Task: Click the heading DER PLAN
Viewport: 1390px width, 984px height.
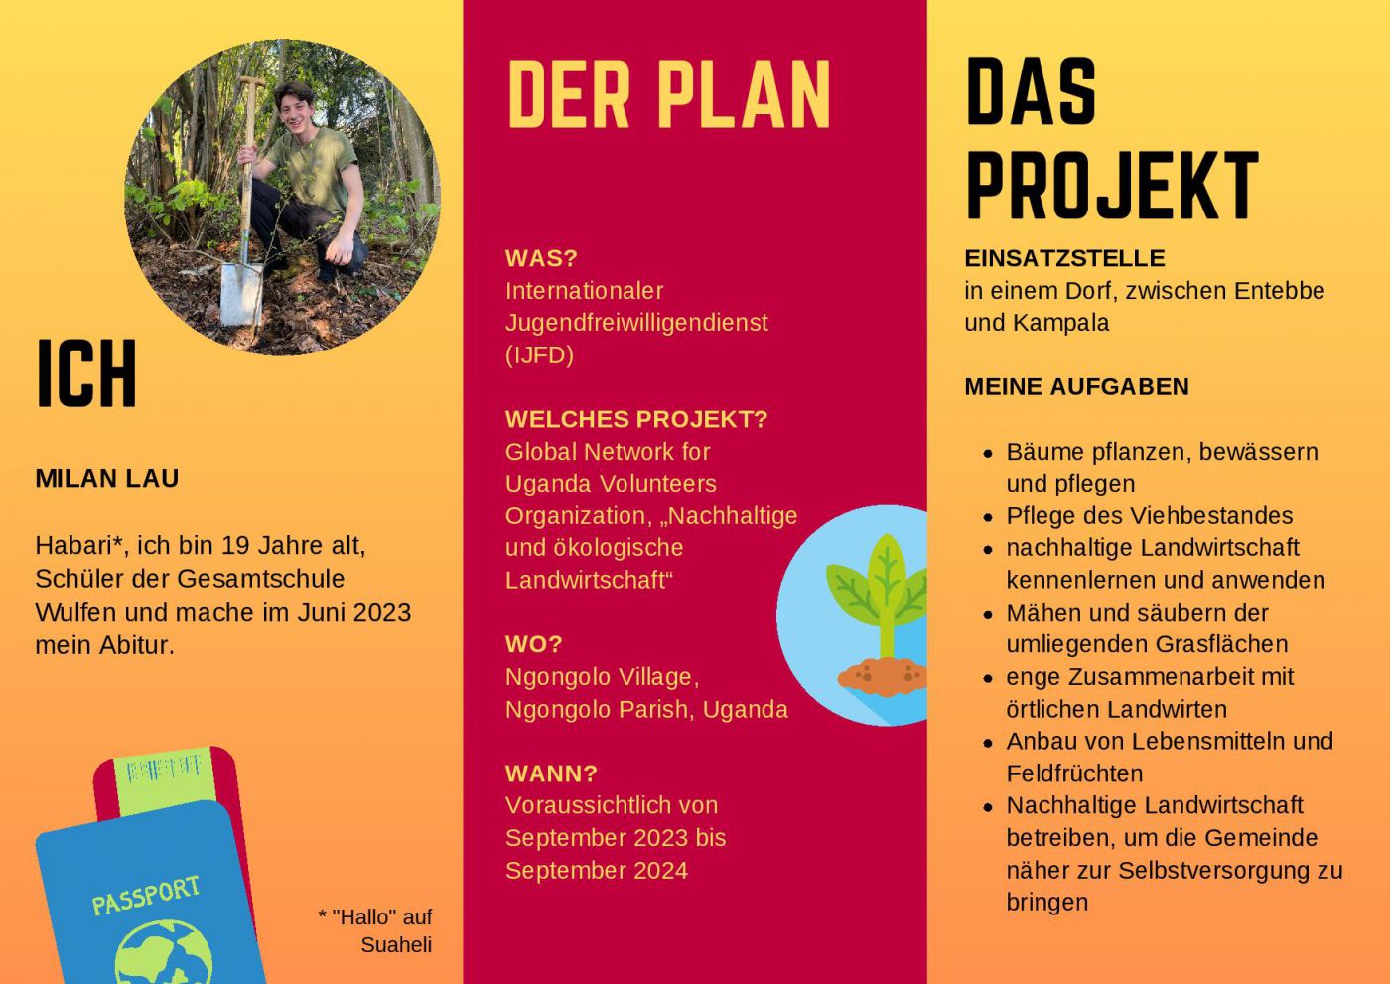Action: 668,94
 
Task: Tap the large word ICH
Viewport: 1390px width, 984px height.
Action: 86,373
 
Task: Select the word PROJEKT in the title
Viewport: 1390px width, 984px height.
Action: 1112,185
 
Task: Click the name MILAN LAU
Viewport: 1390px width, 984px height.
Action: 107,478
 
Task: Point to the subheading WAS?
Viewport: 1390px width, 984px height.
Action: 541,258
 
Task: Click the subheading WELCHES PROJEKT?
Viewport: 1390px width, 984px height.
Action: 636,419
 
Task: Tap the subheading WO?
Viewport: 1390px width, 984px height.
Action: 534,644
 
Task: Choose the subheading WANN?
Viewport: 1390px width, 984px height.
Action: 551,773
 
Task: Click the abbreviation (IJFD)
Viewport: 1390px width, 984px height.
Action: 539,354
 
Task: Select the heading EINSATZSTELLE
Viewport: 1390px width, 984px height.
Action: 1064,258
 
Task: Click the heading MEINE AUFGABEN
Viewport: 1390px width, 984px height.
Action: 1076,386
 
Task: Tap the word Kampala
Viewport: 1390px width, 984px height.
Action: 1061,324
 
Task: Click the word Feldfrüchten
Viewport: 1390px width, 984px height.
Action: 1074,773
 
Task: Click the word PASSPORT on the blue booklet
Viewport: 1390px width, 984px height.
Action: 147,896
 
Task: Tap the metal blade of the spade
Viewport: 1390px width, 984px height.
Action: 240,294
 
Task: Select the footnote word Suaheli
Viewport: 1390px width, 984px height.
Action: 396,944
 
